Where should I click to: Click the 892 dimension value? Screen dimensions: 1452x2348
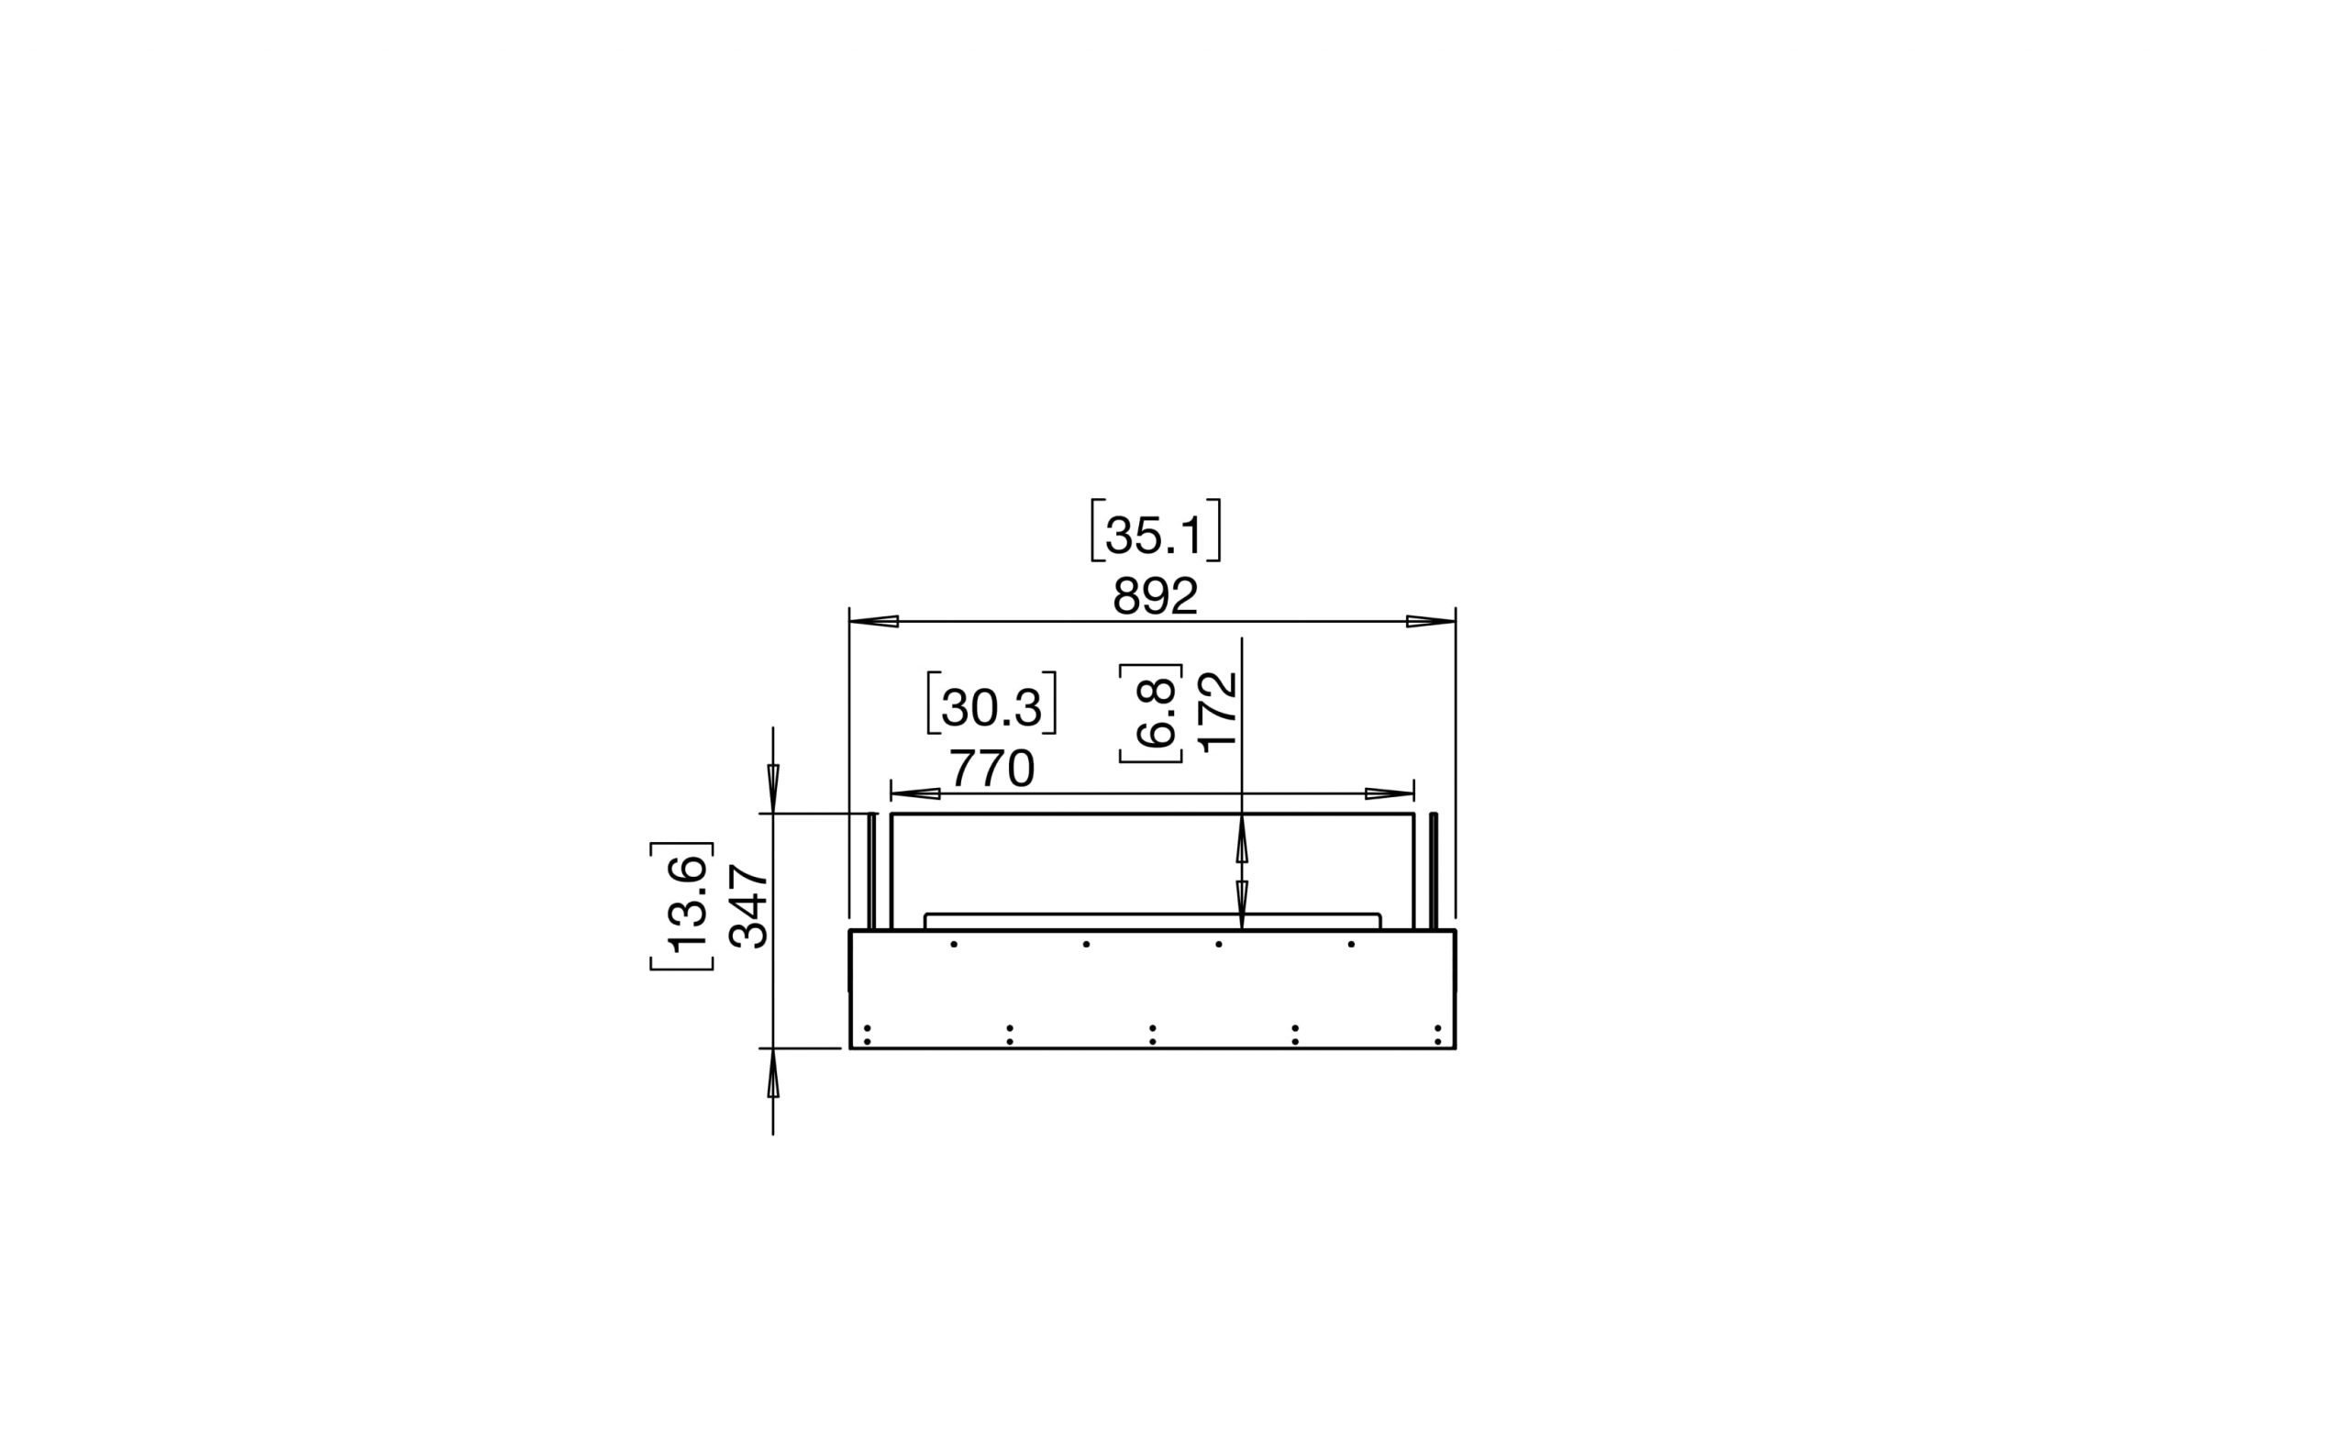pos(1155,597)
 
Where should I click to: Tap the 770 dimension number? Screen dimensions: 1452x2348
pos(991,770)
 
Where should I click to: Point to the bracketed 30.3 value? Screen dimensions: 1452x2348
pos(991,706)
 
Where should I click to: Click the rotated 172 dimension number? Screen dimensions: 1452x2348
pos(1218,712)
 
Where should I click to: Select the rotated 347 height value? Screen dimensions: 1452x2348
pos(749,906)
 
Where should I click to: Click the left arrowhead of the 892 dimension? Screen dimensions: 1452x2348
pos(874,621)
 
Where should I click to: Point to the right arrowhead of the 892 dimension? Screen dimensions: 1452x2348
pos(1431,621)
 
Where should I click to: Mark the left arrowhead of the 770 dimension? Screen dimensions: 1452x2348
pos(915,793)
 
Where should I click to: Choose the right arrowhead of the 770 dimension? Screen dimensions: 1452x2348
pos(1390,793)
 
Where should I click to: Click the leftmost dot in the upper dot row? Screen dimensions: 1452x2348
pos(954,944)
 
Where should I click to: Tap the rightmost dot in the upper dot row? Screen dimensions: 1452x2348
pos(1351,944)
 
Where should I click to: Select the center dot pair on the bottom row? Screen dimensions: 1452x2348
pos(1152,1035)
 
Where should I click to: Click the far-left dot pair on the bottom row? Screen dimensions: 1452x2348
pos(867,1035)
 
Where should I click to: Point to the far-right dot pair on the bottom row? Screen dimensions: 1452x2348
pos(1437,1035)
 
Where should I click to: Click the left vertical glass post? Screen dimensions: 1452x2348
pos(872,871)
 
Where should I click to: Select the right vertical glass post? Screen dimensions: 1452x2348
pos(1433,871)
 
